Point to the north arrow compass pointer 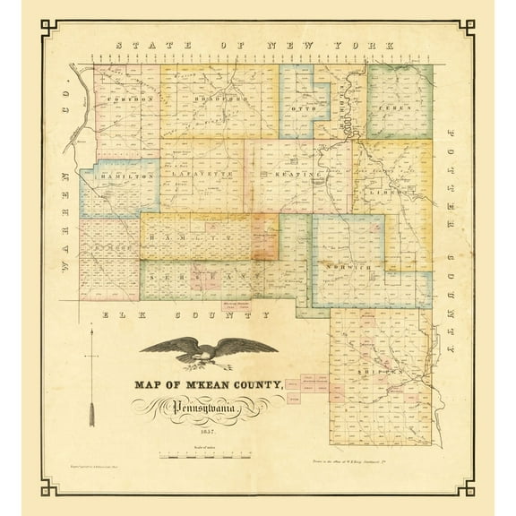click(x=91, y=377)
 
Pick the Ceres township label click(x=398, y=107)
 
